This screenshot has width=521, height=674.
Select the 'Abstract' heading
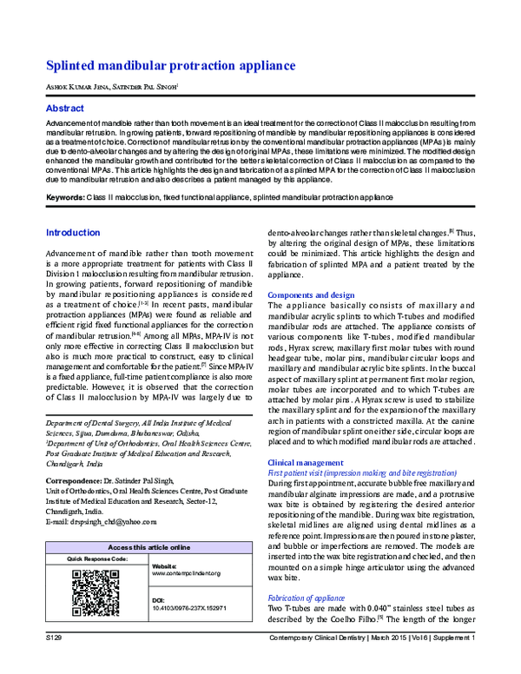[x=65, y=109]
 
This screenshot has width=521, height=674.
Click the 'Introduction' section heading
[x=72, y=234]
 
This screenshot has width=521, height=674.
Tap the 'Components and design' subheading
[x=311, y=295]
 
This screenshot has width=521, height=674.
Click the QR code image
[x=96, y=593]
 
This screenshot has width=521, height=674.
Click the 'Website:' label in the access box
[x=165, y=565]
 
